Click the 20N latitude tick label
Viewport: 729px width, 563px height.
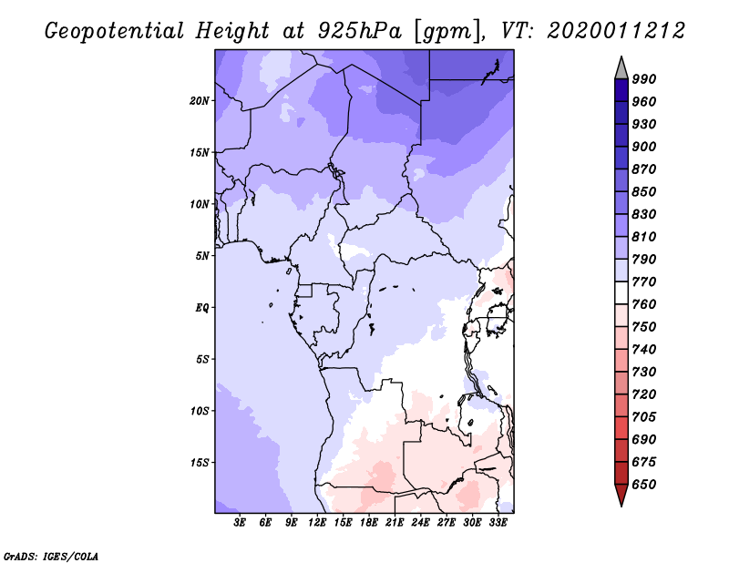tap(200, 101)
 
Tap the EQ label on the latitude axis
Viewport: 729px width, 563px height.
tap(201, 308)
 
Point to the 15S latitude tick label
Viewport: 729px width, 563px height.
tap(200, 463)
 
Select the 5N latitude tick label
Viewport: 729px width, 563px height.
tap(202, 256)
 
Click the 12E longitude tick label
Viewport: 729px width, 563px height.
tap(317, 523)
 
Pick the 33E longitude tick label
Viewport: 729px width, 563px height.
tap(498, 523)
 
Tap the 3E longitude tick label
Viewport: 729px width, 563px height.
tap(240, 523)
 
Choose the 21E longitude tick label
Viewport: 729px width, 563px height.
tap(395, 523)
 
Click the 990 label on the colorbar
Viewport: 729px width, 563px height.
tap(644, 79)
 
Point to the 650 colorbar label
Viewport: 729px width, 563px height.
tap(644, 485)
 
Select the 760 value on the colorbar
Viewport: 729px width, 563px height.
tap(644, 304)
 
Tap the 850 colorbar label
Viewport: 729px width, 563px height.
tap(644, 191)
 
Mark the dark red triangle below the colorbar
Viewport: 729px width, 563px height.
tap(621, 493)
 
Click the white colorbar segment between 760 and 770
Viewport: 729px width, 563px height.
tap(621, 293)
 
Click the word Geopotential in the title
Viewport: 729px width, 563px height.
tap(115, 31)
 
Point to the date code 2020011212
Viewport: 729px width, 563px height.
tap(616, 31)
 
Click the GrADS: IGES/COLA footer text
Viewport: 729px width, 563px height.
tap(51, 556)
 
